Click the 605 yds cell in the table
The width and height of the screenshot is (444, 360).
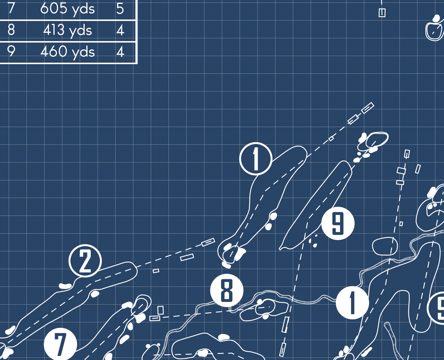coord(67,9)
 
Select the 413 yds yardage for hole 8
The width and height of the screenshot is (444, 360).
coord(67,31)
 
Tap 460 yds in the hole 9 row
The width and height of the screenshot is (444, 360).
coord(67,52)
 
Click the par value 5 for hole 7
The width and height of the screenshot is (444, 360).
coord(120,9)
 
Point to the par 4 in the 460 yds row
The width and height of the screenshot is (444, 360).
coord(120,52)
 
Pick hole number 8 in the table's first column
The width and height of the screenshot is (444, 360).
coord(11,30)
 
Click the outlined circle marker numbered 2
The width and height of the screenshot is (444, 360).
coord(85,261)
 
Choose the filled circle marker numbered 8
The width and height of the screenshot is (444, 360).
coord(227,291)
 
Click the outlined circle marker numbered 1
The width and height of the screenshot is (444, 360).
coord(256,159)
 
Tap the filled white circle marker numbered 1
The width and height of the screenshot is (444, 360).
coord(353,303)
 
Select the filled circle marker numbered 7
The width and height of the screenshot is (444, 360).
coord(60,345)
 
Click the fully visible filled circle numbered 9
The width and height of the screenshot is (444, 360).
coord(338,223)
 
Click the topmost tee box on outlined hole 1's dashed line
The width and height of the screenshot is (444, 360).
coord(368,108)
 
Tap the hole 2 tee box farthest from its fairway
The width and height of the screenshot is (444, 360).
coord(208,242)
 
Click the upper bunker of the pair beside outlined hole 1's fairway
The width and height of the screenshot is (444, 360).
coord(273,216)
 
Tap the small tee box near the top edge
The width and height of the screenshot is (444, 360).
coord(382,13)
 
